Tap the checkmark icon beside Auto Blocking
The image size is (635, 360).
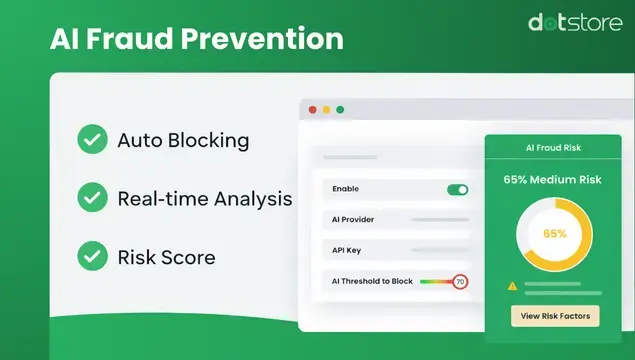pyautogui.click(x=93, y=140)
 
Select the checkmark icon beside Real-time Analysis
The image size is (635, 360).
pyautogui.click(x=93, y=198)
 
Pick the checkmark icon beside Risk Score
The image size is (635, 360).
pyautogui.click(x=93, y=256)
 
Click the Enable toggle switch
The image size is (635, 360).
pyautogui.click(x=457, y=189)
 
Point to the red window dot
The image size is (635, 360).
pyautogui.click(x=313, y=109)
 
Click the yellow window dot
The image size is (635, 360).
pyautogui.click(x=326, y=109)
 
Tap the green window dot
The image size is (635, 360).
pyautogui.click(x=340, y=109)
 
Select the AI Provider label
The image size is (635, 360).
pyautogui.click(x=353, y=219)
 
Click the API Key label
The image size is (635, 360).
pyautogui.click(x=346, y=250)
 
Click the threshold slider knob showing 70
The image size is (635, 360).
pyautogui.click(x=459, y=282)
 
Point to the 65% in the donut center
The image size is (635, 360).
pyautogui.click(x=555, y=233)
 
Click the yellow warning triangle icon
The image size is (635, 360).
pyautogui.click(x=512, y=286)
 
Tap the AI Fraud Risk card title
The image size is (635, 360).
pyautogui.click(x=554, y=147)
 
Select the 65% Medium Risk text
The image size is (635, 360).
pyautogui.click(x=554, y=181)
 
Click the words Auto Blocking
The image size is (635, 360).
pyautogui.click(x=183, y=140)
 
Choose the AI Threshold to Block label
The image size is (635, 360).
pyautogui.click(x=372, y=282)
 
